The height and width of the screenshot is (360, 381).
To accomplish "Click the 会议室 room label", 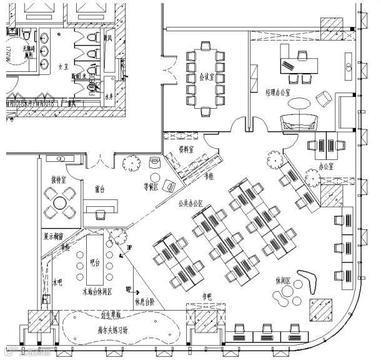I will click(x=207, y=77).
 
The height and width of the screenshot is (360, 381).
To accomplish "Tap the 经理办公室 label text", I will click(x=282, y=92).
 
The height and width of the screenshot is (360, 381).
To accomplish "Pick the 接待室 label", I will click(x=60, y=181).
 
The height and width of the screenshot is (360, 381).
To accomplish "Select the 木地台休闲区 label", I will click(x=97, y=292).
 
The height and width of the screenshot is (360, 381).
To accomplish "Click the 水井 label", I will click(x=109, y=97).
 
